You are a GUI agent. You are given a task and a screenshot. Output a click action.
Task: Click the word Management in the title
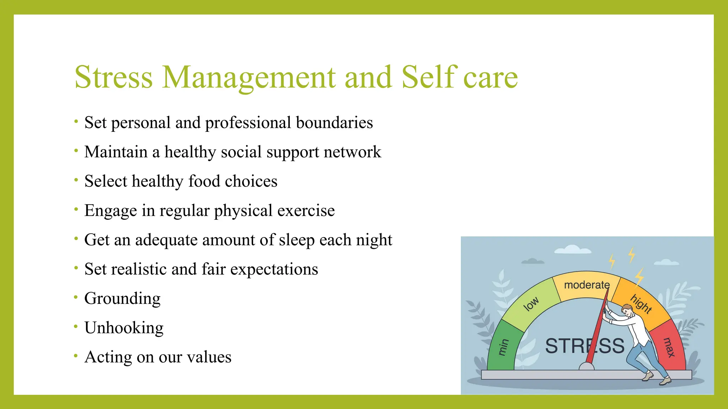pyautogui.click(x=248, y=77)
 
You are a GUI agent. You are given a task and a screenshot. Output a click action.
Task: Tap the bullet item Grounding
pyautogui.click(x=122, y=299)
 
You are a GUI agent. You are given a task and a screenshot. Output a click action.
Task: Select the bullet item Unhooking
pyautogui.click(x=124, y=328)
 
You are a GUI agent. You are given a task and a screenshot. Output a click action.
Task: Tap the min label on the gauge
pyautogui.click(x=503, y=347)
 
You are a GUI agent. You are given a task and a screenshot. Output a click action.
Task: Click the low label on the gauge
pyautogui.click(x=531, y=304)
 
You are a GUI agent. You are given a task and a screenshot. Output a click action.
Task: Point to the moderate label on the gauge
pyautogui.click(x=587, y=285)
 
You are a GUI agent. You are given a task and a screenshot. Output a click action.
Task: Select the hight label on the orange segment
pyautogui.click(x=641, y=304)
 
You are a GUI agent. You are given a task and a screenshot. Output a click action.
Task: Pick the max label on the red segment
pyautogui.click(x=669, y=347)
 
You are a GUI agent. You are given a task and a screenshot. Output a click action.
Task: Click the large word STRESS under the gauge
pyautogui.click(x=585, y=346)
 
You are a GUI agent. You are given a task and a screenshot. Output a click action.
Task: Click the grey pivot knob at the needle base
pyautogui.click(x=587, y=366)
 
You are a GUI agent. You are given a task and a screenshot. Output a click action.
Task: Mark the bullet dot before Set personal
pyautogui.click(x=76, y=121)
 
